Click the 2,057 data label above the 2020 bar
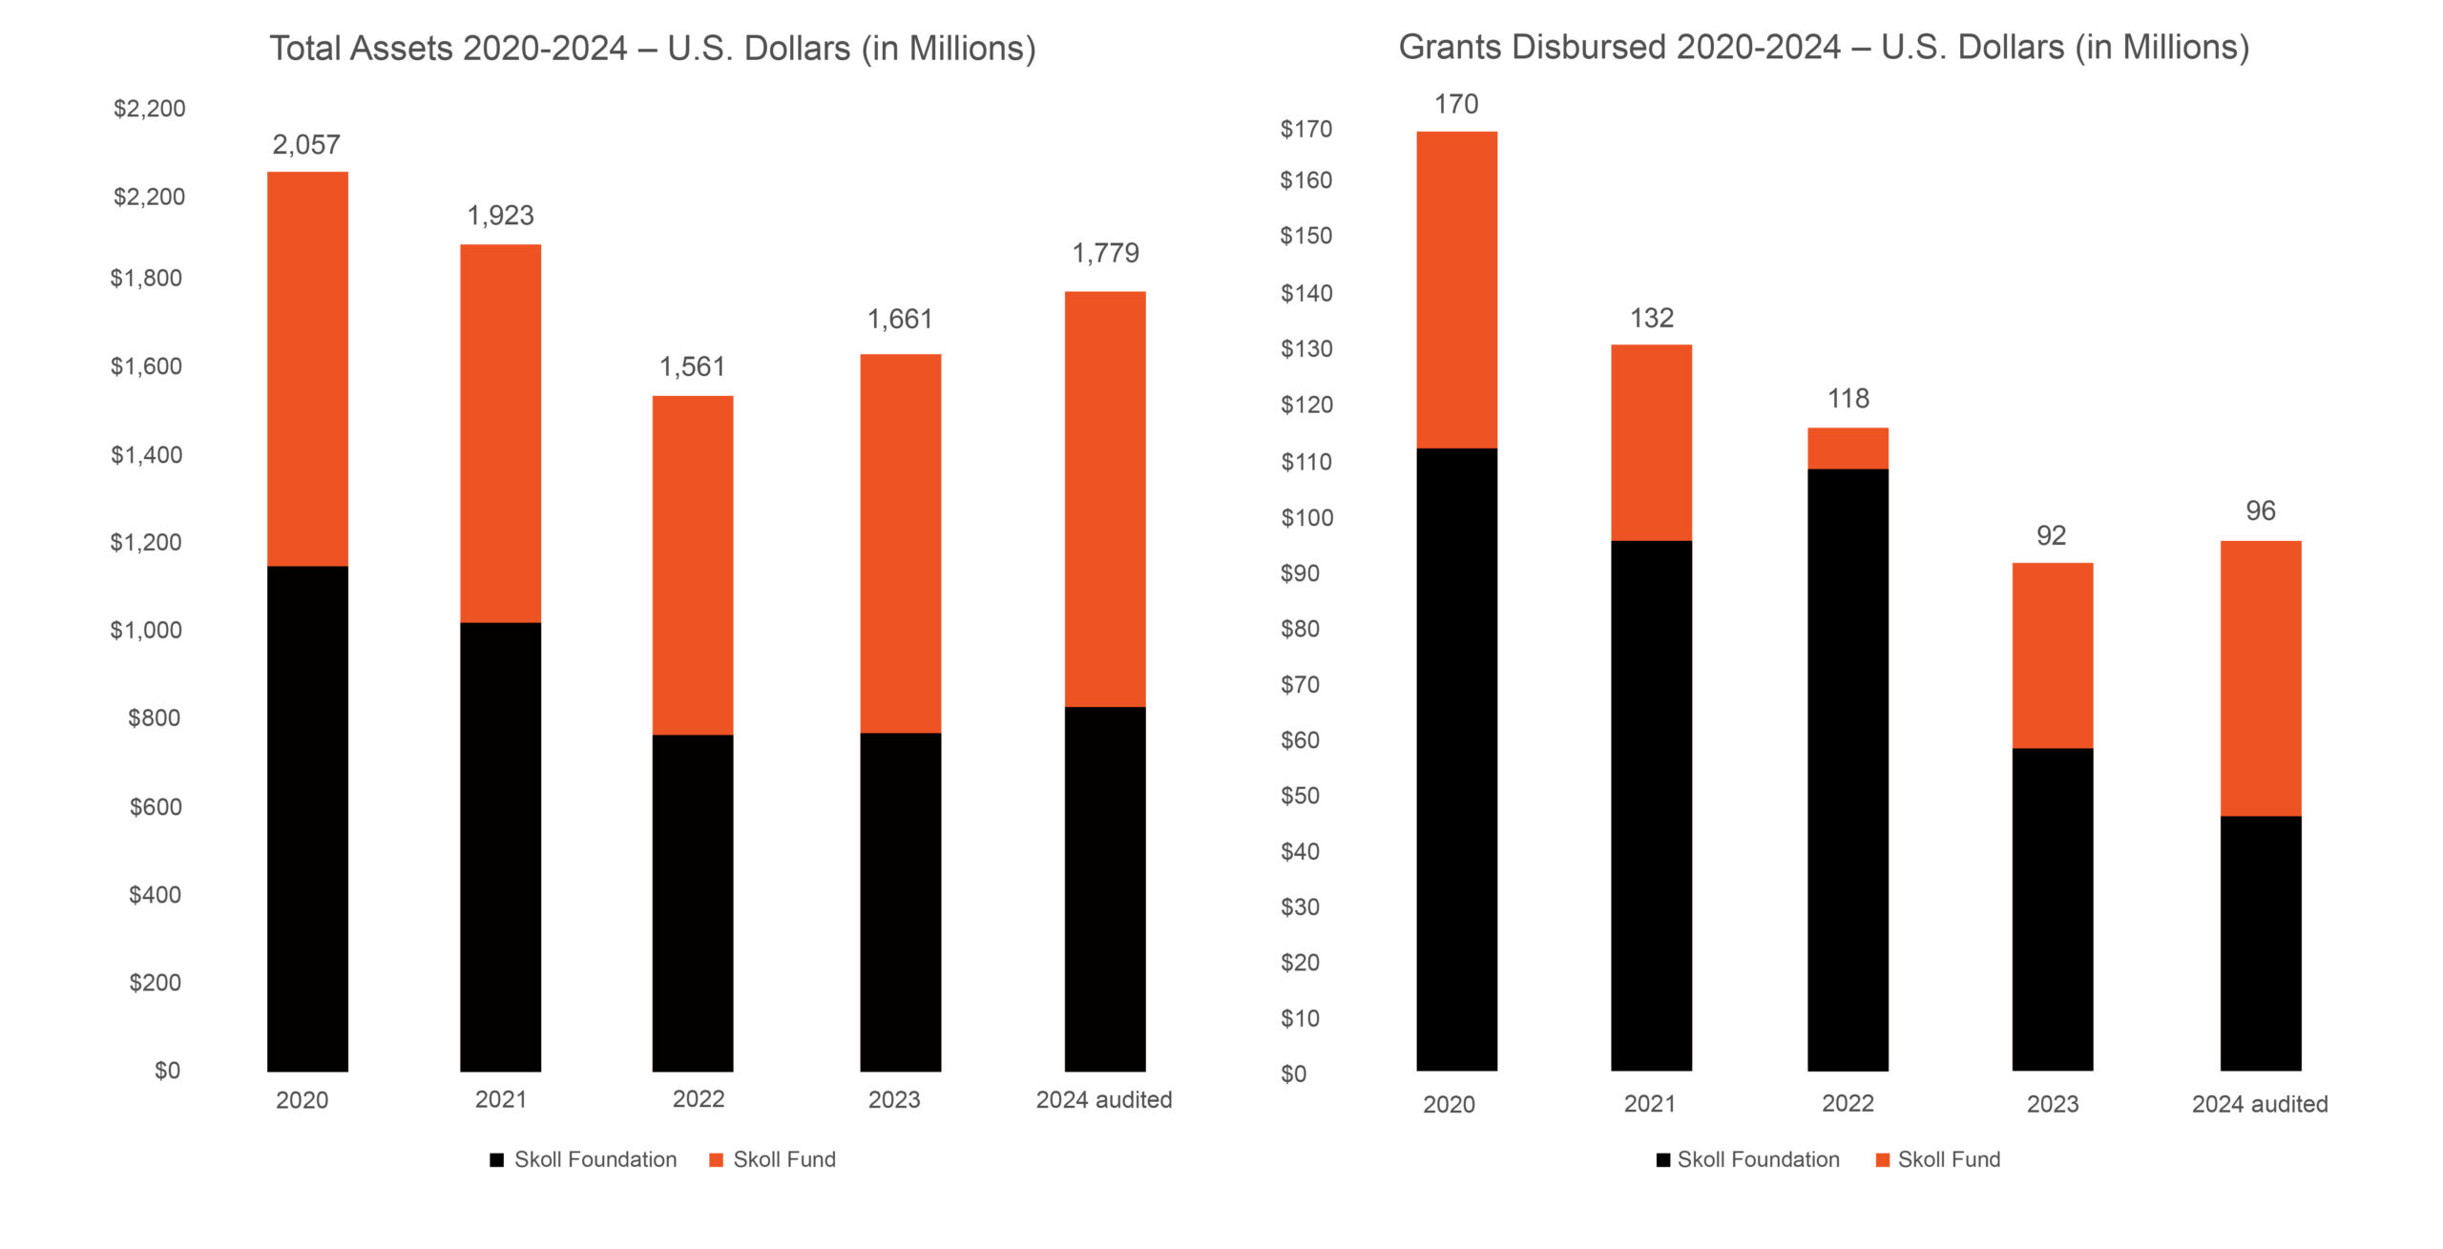click(306, 145)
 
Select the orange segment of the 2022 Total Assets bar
click(693, 565)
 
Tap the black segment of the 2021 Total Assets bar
click(500, 846)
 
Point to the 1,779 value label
click(1105, 253)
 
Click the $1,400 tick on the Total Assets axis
click(146, 455)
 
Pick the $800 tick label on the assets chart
click(154, 718)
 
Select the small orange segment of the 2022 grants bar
click(1848, 448)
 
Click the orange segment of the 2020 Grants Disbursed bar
click(1456, 289)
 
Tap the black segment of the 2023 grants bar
click(2052, 908)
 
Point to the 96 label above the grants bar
click(2260, 511)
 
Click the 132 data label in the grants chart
click(1651, 319)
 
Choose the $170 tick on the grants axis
click(1305, 129)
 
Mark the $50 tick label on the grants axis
click(1300, 796)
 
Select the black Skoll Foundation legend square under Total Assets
click(496, 1160)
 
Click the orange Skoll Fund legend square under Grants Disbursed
click(1882, 1160)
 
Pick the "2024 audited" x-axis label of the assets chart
click(1104, 1100)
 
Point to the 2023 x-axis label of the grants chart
click(2052, 1105)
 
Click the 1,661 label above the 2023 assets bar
click(899, 320)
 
